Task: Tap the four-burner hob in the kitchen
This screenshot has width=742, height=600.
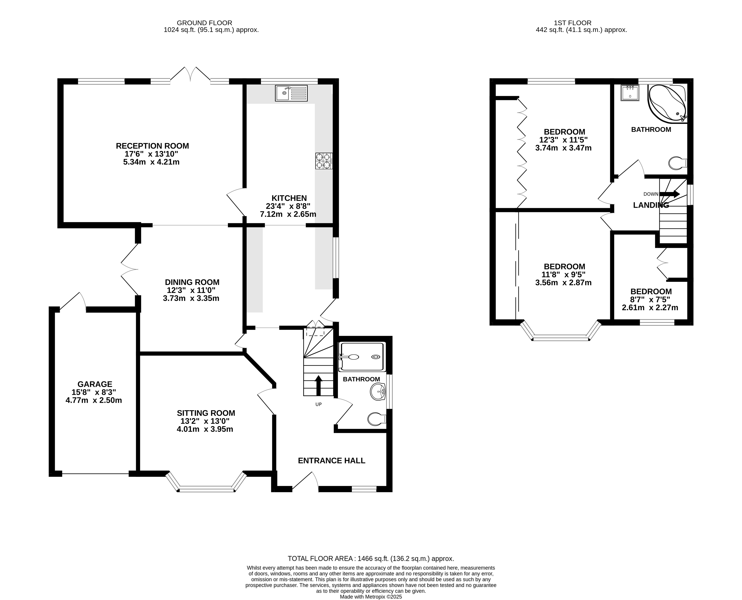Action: (x=324, y=161)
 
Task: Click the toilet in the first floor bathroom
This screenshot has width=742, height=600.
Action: (x=677, y=163)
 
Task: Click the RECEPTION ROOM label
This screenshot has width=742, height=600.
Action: (x=152, y=146)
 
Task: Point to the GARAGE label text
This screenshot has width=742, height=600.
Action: (x=95, y=384)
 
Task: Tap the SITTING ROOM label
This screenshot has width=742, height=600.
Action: (x=206, y=413)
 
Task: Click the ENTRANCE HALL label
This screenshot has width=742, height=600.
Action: (x=331, y=460)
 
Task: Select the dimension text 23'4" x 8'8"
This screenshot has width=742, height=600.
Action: (x=288, y=206)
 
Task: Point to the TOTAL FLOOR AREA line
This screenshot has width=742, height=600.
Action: (x=371, y=559)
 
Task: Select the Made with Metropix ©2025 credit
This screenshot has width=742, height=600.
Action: (x=371, y=597)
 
